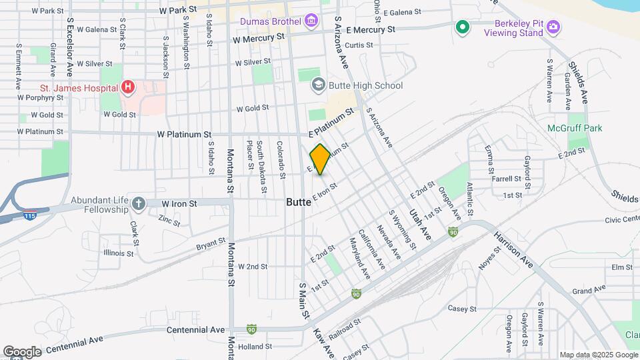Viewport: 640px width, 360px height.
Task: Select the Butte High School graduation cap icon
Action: coord(319,85)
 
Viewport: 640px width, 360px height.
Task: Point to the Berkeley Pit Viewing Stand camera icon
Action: coord(553,27)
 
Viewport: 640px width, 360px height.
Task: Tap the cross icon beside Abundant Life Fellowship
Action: coord(138,203)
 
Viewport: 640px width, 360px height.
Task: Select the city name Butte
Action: coord(299,201)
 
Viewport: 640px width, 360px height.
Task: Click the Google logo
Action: coord(22,351)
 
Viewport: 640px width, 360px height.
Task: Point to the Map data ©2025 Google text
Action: coord(597,355)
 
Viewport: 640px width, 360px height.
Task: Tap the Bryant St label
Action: coord(211,245)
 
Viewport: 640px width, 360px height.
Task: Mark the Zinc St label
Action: coord(170,219)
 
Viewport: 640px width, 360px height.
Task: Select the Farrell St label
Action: coord(506,179)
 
